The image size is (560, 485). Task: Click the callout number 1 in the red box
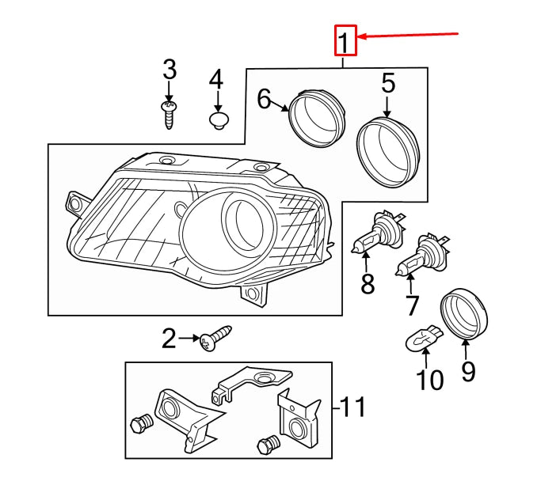click(345, 41)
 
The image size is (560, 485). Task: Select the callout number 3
click(169, 70)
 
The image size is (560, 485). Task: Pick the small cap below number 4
click(218, 120)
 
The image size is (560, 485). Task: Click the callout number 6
click(265, 99)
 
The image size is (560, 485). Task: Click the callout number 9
click(468, 370)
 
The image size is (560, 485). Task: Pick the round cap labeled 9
click(464, 313)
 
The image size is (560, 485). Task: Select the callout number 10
click(430, 381)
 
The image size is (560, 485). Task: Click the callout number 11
click(353, 408)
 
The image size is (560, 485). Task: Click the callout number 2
click(169, 340)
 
